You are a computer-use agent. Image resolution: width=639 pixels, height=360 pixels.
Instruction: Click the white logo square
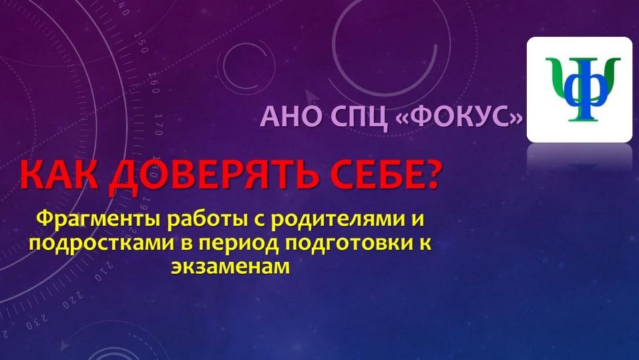(x=579, y=89)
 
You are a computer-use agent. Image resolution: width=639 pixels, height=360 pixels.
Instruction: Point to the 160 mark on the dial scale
(x=154, y=87)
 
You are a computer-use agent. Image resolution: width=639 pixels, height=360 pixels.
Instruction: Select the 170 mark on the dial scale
(x=159, y=122)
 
